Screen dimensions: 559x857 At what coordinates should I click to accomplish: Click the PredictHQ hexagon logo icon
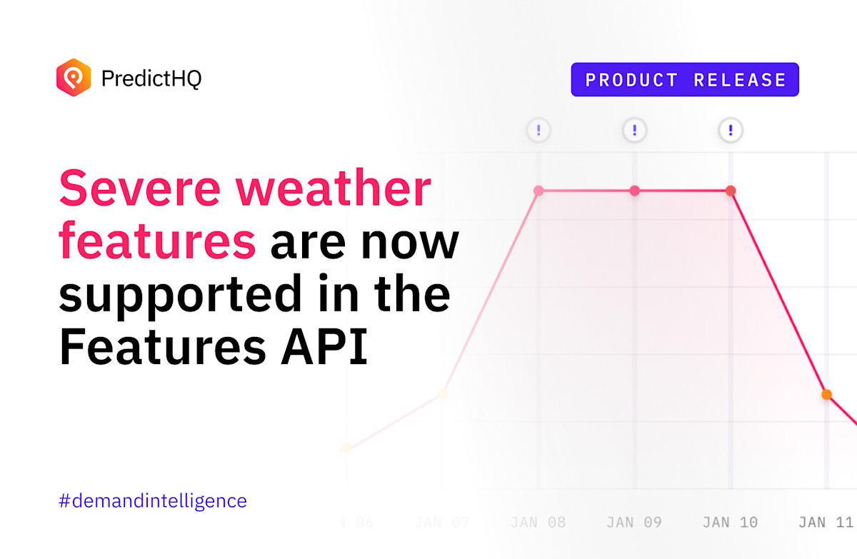[x=74, y=77]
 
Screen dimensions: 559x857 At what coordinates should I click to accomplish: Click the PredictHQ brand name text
[x=151, y=78]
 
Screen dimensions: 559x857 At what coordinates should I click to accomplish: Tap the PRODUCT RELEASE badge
[x=685, y=80]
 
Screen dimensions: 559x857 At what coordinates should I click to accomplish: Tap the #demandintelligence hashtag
[x=153, y=500]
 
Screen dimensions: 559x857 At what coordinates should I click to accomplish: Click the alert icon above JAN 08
[x=538, y=131]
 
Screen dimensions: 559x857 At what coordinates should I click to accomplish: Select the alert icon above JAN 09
[x=634, y=131]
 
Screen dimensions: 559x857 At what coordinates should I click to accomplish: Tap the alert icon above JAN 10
[x=730, y=131]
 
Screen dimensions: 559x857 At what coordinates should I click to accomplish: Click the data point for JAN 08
[x=538, y=191]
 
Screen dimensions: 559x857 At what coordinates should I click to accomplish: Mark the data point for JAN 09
[x=634, y=191]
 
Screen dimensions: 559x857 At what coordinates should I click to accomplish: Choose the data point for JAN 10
[x=730, y=191]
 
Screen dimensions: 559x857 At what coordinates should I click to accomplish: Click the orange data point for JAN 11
[x=826, y=394]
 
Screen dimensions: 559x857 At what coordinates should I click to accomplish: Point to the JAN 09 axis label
[x=634, y=523]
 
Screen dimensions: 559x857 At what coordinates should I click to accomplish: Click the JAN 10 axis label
[x=730, y=523]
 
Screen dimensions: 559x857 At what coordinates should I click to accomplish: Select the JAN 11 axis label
[x=826, y=523]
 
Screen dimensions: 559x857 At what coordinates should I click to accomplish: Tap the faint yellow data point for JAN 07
[x=443, y=393]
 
